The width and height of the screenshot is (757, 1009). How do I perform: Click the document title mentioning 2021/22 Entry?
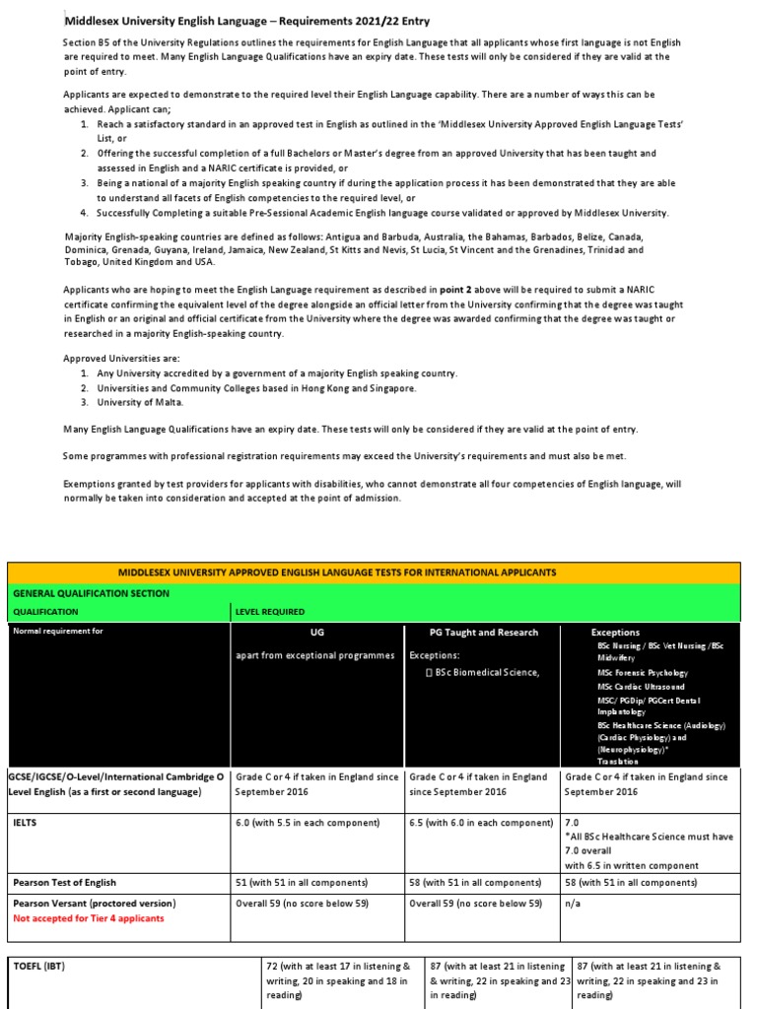(247, 21)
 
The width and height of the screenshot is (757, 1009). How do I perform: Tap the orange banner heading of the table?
(378, 572)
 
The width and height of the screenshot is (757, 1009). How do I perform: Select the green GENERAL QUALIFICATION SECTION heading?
(91, 593)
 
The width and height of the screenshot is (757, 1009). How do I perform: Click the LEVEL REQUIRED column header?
(269, 612)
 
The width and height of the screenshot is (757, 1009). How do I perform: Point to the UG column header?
(316, 632)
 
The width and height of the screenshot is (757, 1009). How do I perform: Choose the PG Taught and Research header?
(483, 632)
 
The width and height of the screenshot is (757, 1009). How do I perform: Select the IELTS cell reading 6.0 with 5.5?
(308, 823)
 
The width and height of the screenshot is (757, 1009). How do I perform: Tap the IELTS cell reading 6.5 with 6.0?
(481, 823)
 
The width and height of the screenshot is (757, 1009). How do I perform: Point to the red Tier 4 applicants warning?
(89, 917)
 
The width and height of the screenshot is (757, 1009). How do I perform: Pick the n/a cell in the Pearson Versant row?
(572, 903)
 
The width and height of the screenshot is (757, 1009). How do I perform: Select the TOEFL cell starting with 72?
(339, 980)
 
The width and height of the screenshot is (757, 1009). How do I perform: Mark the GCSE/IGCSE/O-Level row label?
(116, 783)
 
